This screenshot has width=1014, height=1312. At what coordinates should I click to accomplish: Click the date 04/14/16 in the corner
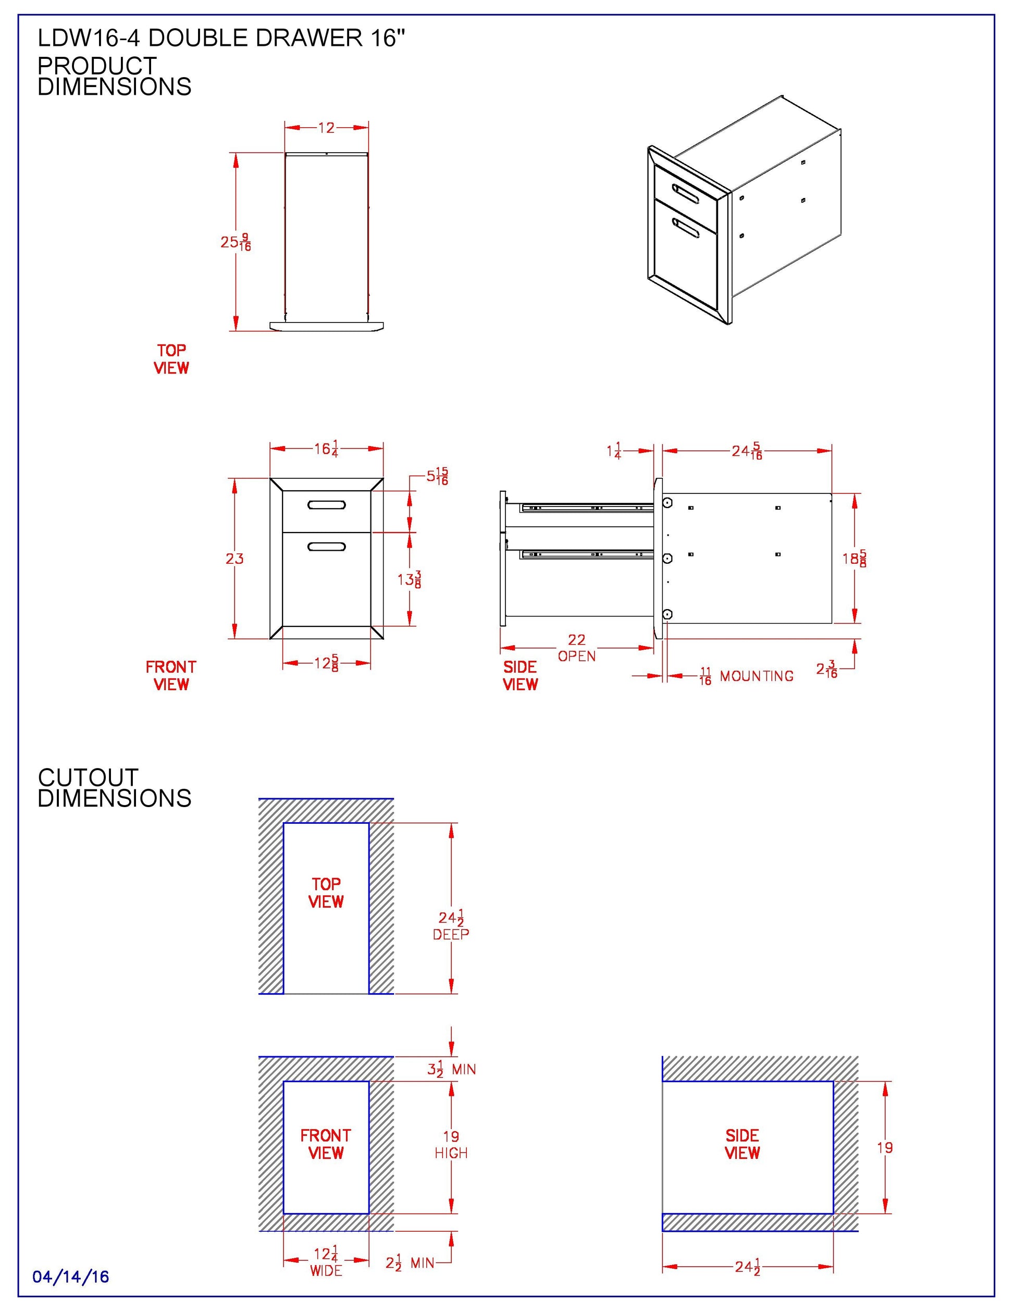[71, 1276]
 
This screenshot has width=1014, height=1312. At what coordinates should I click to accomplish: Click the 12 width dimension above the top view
[326, 127]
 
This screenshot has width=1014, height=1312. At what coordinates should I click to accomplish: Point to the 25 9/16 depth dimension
[236, 242]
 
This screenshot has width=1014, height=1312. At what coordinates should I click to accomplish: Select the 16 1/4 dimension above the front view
[326, 449]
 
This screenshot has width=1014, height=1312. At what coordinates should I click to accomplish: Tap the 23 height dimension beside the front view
[234, 559]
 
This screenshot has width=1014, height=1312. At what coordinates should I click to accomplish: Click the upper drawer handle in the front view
[326, 504]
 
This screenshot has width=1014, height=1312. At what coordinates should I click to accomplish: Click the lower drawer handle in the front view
[326, 546]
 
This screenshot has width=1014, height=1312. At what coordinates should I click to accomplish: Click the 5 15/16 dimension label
[437, 476]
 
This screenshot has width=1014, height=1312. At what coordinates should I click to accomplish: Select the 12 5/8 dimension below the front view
[326, 663]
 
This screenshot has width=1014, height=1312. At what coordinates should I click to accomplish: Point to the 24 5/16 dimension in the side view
[747, 451]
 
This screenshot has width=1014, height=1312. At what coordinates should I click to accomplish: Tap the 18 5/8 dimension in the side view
[854, 558]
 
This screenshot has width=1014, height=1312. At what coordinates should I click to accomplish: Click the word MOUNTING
[756, 676]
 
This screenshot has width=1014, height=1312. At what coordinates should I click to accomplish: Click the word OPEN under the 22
[577, 657]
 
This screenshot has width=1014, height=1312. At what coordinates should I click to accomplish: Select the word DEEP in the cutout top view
[451, 934]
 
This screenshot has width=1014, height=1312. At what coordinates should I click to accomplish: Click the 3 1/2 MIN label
[451, 1069]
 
